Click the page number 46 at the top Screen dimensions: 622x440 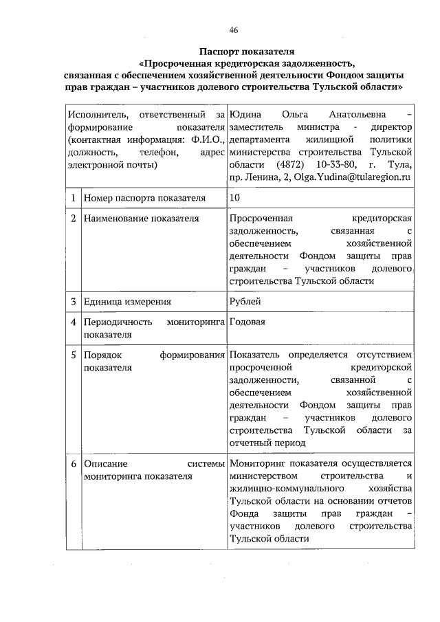coord(233,31)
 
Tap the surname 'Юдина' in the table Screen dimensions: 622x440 coord(245,113)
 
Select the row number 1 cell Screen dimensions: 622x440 coord(72,199)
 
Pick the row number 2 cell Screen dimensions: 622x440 coord(72,219)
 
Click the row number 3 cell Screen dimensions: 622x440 coord(72,301)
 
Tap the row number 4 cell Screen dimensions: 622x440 coord(72,321)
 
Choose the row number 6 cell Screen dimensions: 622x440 coord(72,464)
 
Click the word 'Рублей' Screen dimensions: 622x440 coord(246,301)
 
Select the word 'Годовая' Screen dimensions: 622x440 coord(248,321)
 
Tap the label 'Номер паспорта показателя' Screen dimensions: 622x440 coord(144,199)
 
